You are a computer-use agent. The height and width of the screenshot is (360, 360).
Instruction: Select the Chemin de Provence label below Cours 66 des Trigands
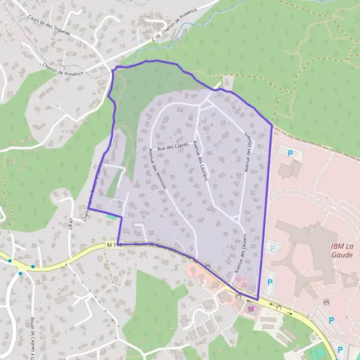tap(63, 69)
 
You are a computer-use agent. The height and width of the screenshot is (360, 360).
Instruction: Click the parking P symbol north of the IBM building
tap(291, 154)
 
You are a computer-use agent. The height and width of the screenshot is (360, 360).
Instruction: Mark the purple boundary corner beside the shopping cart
tap(257, 299)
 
